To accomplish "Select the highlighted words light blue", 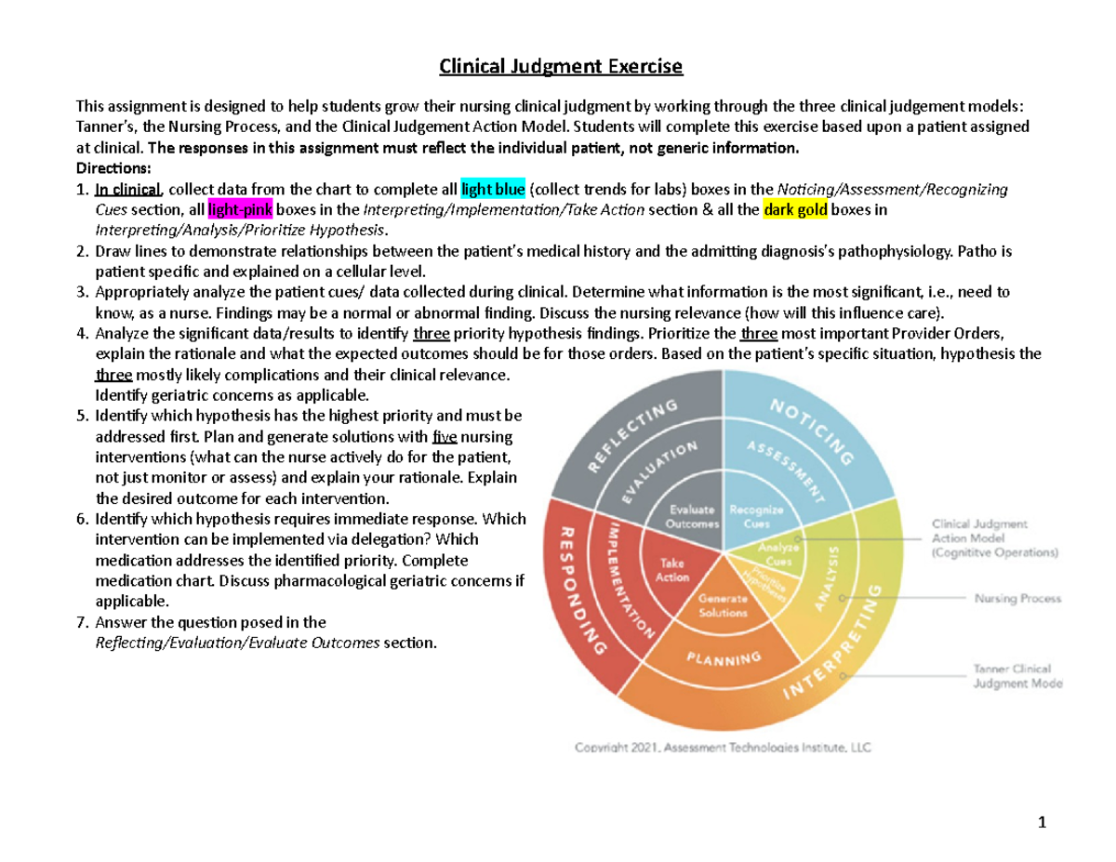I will pos(493,190).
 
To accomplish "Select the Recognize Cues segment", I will pos(756,516).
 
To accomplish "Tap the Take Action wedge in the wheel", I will pos(672,570).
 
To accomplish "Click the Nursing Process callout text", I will pos(1016,599).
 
